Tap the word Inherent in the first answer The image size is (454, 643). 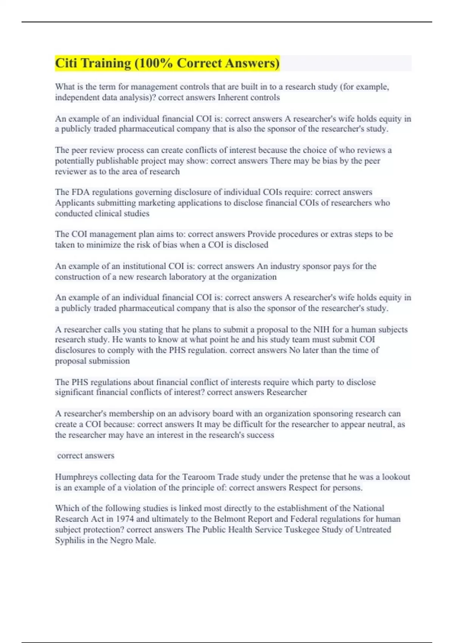(x=233, y=98)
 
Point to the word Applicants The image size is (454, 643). (x=75, y=203)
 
